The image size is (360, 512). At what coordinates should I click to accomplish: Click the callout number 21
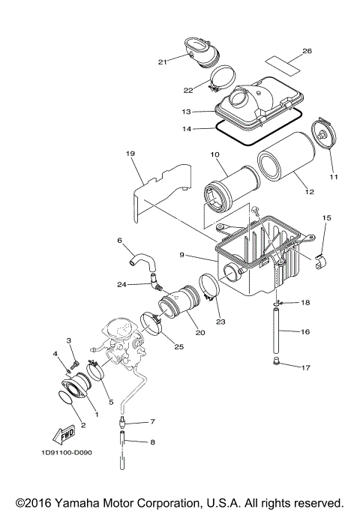pos(161,61)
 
